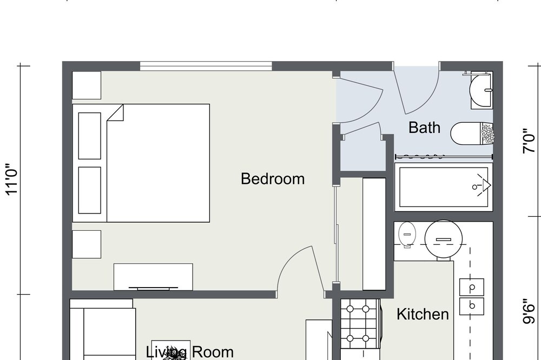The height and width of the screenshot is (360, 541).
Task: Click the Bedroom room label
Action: [273, 179]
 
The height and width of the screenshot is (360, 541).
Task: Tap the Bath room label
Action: [424, 127]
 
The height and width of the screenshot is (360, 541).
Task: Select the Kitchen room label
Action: [423, 314]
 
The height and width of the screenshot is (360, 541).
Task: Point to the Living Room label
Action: [190, 352]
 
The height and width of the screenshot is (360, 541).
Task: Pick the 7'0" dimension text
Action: [529, 141]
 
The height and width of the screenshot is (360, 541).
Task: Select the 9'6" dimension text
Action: [529, 311]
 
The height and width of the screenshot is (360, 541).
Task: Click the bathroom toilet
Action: [472, 134]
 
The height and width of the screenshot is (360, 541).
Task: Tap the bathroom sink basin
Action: [481, 90]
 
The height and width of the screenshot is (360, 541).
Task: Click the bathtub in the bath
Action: [444, 187]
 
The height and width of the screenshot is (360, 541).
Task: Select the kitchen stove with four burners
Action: [360, 323]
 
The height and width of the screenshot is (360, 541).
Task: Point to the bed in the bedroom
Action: [141, 163]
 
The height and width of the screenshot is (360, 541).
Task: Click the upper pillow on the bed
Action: [90, 136]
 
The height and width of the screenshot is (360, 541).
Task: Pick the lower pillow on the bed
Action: [90, 190]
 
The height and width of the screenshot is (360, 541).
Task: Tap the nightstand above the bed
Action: [87, 85]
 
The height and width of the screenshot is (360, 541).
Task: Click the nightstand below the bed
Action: [87, 244]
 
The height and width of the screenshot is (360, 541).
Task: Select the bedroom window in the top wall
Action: [206, 66]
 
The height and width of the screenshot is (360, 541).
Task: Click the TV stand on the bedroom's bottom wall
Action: [153, 277]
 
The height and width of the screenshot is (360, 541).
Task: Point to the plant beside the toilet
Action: [487, 134]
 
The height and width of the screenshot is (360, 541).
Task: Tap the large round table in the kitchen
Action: [444, 239]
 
